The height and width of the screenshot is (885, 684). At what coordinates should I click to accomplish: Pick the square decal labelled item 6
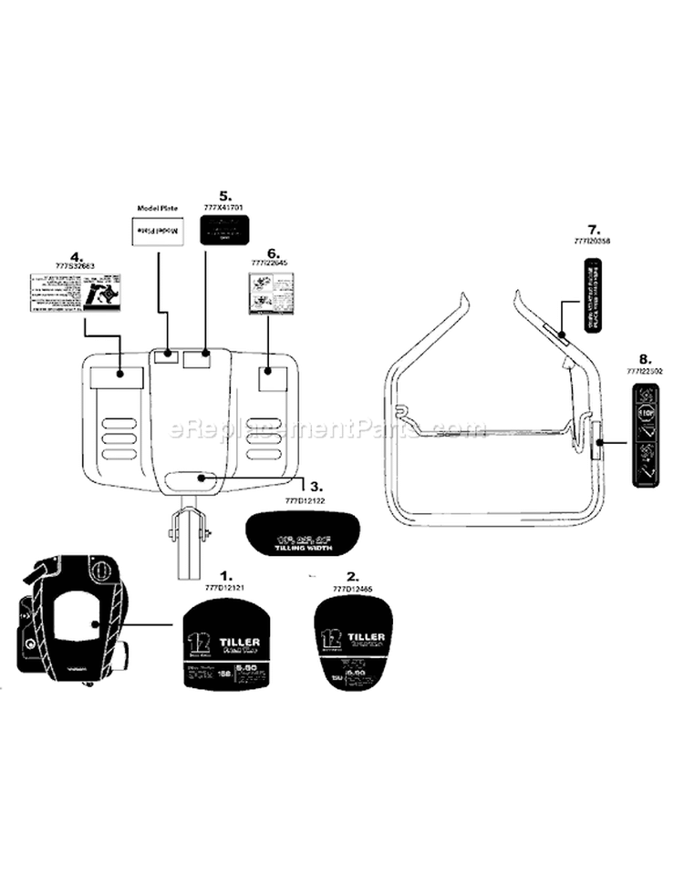271,292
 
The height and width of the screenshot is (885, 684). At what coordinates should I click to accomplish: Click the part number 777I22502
644,371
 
